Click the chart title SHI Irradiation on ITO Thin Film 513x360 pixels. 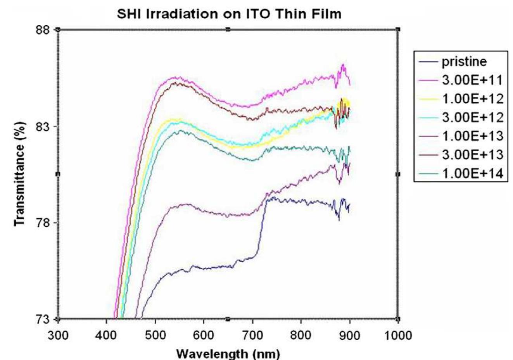point(229,14)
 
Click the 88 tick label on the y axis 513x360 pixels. point(43,29)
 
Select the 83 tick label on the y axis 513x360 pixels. point(43,126)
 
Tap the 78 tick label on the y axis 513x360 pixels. point(43,223)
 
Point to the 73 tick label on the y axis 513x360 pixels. point(43,320)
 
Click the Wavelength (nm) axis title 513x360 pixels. point(228,354)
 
